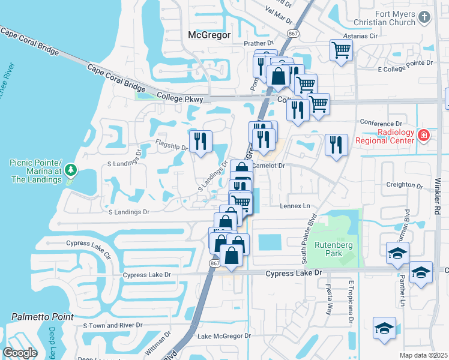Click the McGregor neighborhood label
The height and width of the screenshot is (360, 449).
tap(209, 35)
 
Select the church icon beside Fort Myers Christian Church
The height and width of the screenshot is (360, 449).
tap(425, 17)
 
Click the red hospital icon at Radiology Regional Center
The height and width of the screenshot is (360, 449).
tap(424, 136)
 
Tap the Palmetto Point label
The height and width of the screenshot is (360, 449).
tap(42, 316)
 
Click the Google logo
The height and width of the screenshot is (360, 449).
tap(20, 352)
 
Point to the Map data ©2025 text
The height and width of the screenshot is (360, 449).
tap(423, 355)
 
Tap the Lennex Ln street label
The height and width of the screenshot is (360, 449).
tap(298, 206)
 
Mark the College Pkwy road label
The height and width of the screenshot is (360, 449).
tap(179, 97)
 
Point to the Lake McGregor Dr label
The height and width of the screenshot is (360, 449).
tap(221, 336)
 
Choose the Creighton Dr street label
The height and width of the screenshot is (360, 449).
tap(402, 185)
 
